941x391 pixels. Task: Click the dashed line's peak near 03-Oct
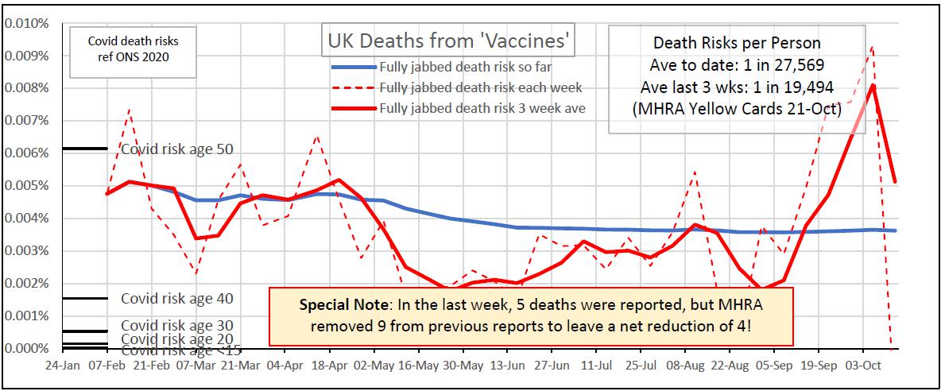(873, 47)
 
